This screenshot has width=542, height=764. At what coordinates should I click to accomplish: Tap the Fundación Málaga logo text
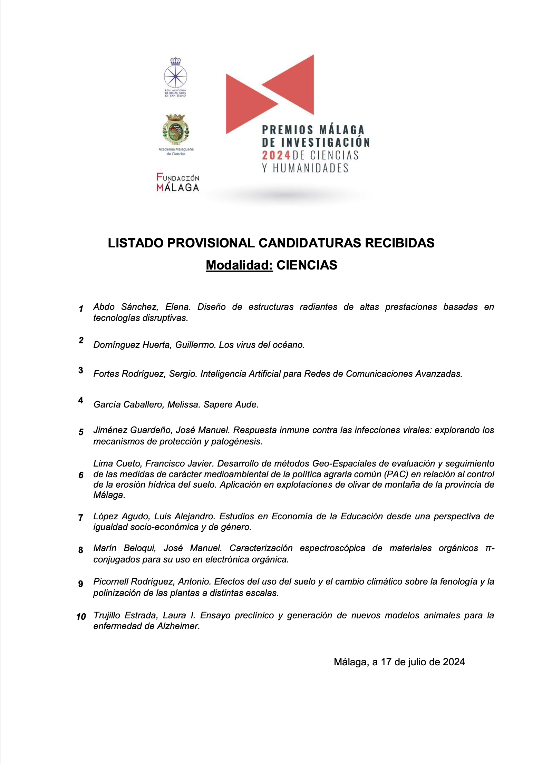tap(178, 182)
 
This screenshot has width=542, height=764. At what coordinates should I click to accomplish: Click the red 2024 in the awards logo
tap(276, 155)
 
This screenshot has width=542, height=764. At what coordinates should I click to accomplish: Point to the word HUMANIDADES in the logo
tap(310, 168)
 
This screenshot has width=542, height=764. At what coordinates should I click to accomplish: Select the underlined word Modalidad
tap(239, 265)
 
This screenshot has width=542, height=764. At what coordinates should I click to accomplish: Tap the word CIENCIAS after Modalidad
tap(307, 265)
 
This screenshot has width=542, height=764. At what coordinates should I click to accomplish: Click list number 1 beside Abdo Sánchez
tap(81, 309)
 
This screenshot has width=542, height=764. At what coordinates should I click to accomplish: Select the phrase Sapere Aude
tap(231, 404)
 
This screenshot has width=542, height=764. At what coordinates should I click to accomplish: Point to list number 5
tap(81, 432)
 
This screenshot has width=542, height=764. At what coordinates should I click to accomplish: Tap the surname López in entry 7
tap(105, 516)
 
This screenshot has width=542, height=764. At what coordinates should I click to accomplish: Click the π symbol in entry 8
tap(488, 548)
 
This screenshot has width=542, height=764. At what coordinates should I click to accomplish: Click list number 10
tap(81, 617)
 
